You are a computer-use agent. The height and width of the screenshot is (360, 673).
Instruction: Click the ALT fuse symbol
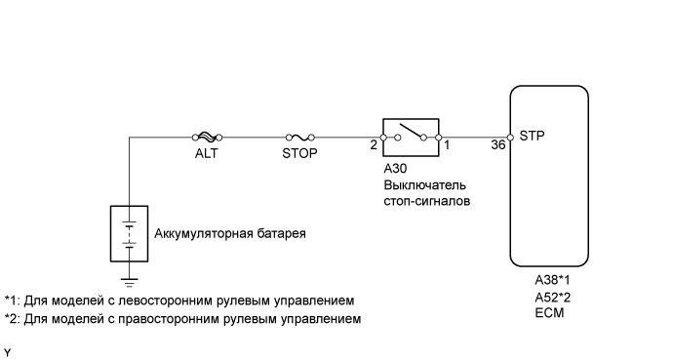(x=206, y=138)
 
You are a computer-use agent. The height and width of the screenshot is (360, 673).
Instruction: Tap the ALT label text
(x=206, y=153)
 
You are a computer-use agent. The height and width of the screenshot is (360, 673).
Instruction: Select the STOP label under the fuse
(x=300, y=153)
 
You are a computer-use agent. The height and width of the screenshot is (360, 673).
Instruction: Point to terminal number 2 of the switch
(x=374, y=145)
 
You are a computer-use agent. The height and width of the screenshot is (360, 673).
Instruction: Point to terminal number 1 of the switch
(x=448, y=145)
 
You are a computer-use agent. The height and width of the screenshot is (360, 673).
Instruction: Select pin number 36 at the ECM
(x=497, y=145)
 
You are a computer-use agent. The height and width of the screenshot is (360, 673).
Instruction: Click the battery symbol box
(x=129, y=234)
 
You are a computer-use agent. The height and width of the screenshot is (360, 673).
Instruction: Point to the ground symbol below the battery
(x=129, y=284)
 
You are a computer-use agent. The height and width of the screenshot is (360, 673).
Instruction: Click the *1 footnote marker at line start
(x=11, y=300)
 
